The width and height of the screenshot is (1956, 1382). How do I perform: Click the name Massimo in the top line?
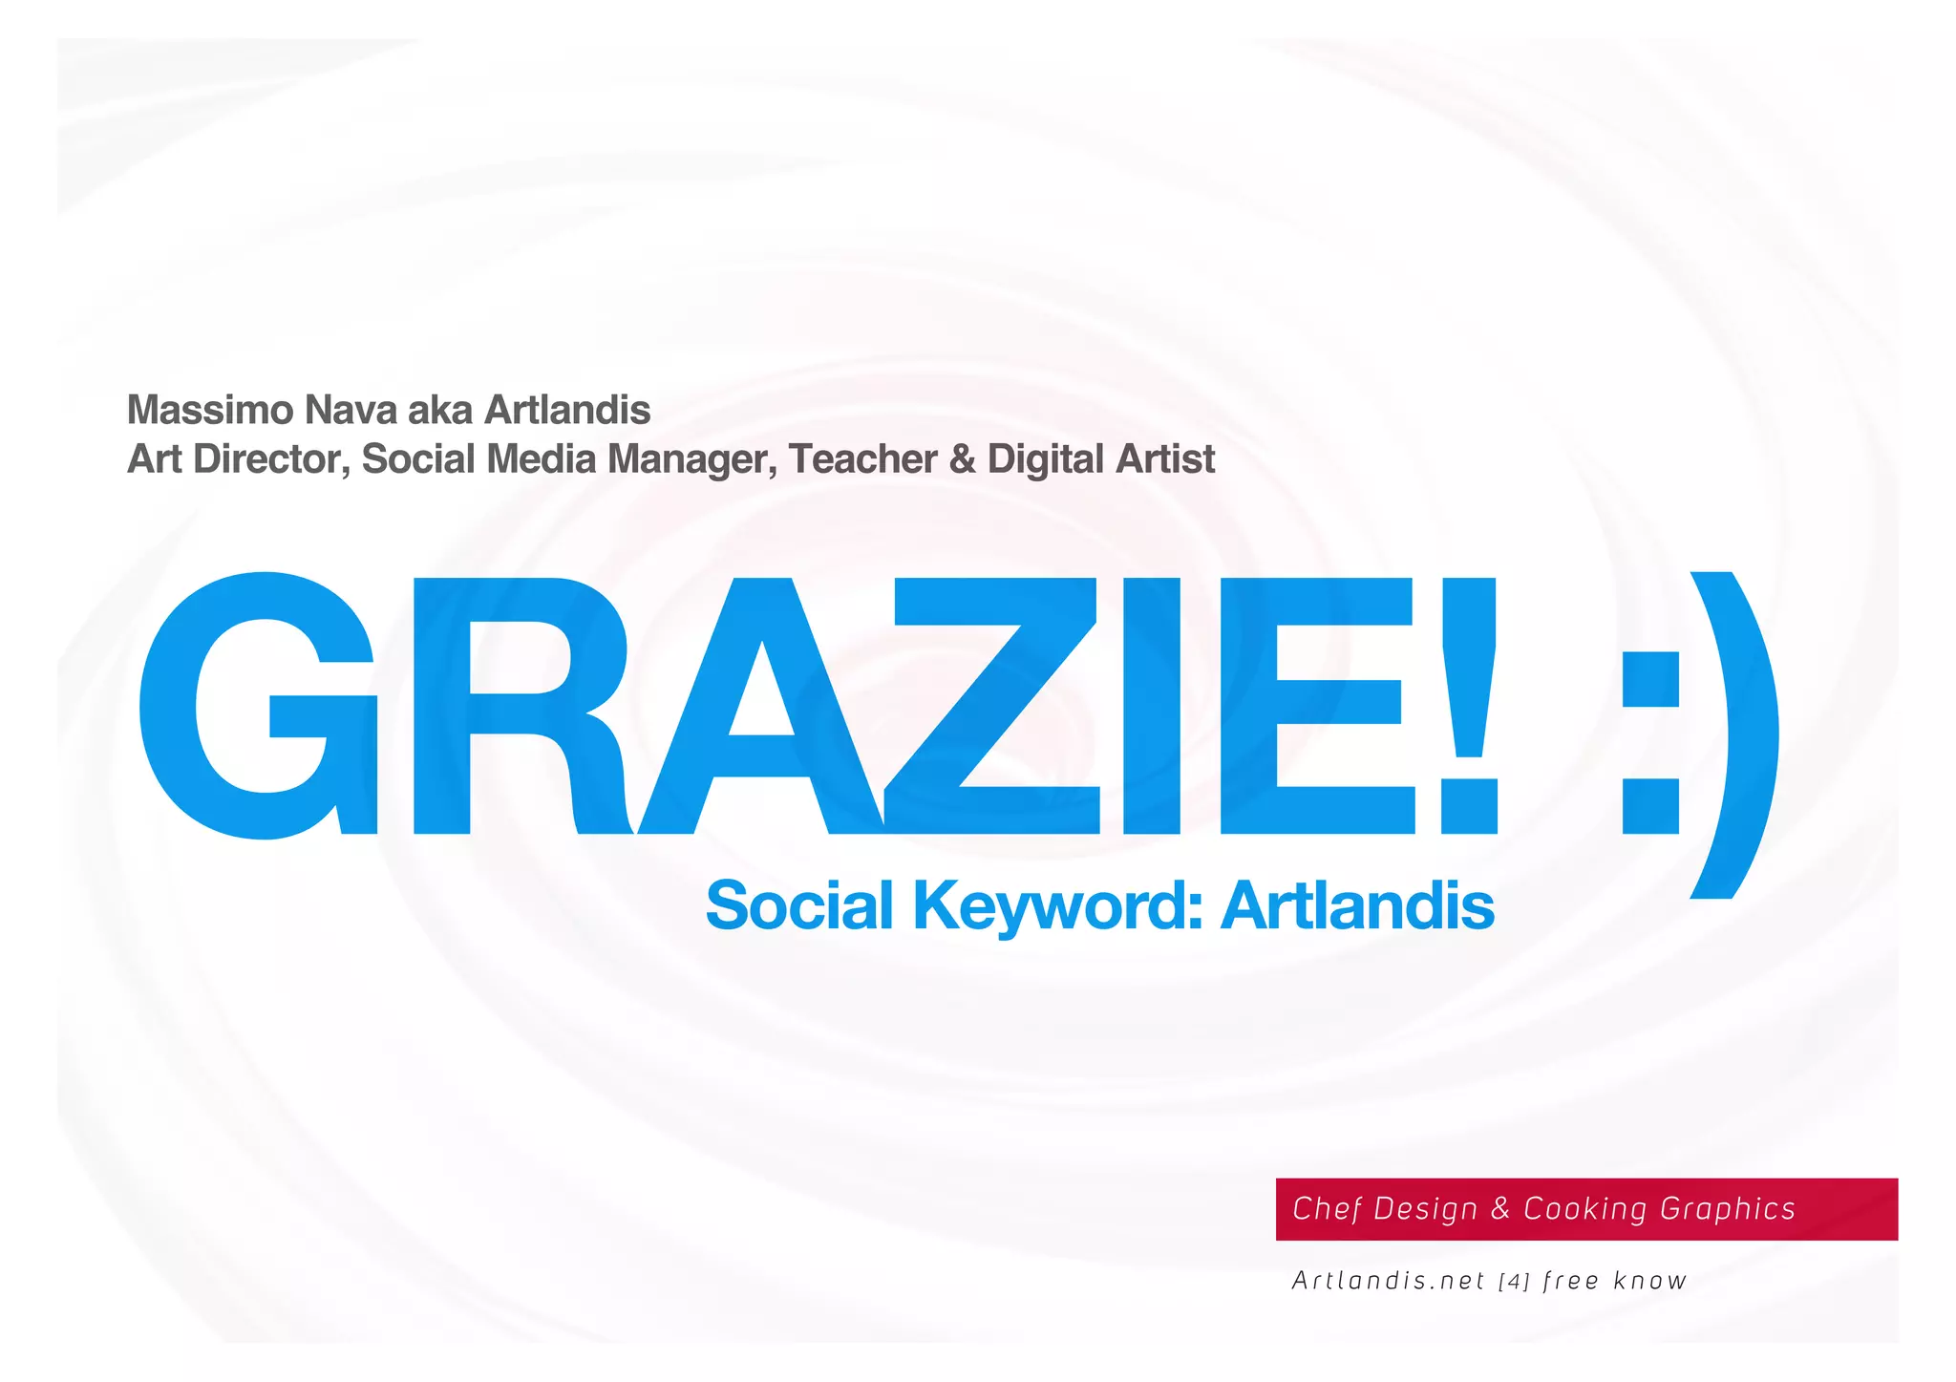tap(210, 410)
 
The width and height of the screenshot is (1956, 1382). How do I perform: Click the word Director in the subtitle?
tap(273, 459)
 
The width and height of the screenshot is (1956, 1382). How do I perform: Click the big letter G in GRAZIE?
tap(258, 707)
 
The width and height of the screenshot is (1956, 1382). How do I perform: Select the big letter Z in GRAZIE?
tap(993, 707)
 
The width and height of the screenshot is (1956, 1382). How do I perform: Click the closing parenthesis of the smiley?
tap(1733, 735)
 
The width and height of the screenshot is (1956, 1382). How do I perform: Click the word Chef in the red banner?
tap(1327, 1208)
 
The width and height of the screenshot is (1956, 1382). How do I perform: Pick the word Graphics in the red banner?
tap(1728, 1209)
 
